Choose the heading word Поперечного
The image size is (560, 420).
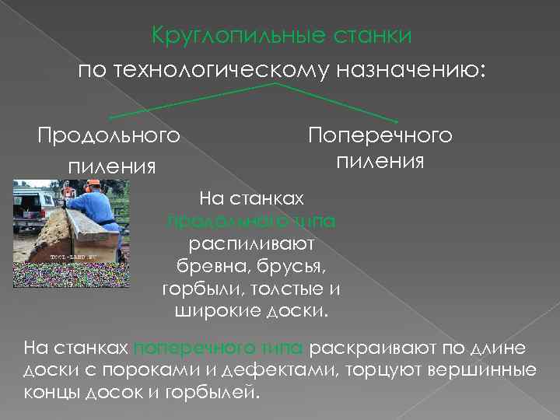click(x=380, y=136)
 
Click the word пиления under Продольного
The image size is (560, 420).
click(x=112, y=166)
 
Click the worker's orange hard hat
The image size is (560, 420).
click(x=94, y=184)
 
